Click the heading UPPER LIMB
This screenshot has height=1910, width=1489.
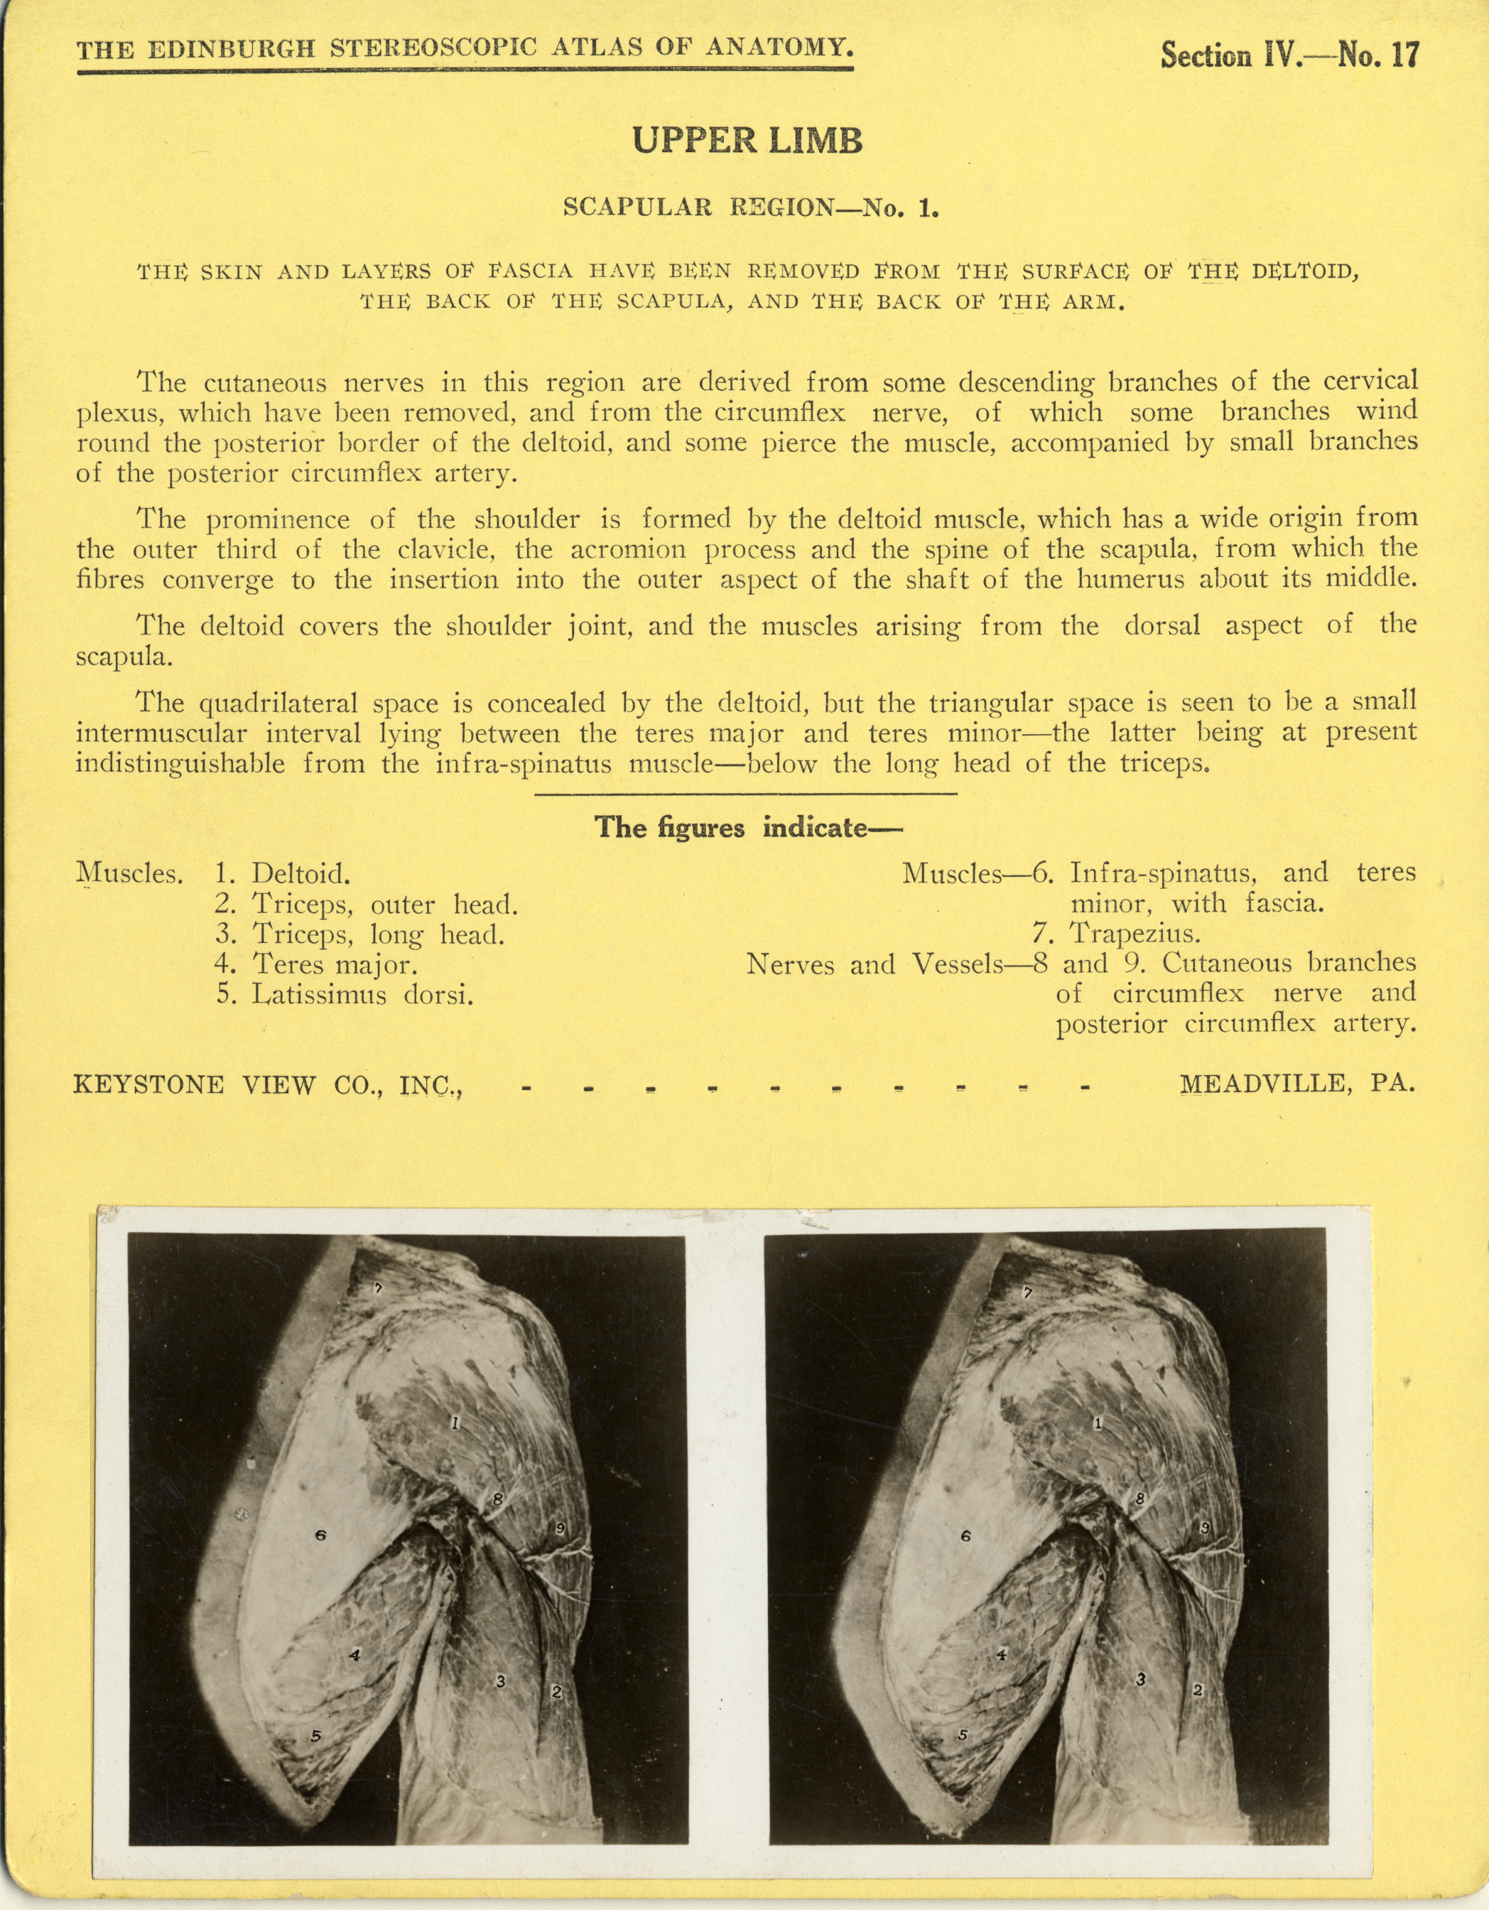[747, 141]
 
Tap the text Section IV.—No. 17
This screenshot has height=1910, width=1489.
[1289, 55]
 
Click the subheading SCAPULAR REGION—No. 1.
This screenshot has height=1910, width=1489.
[750, 208]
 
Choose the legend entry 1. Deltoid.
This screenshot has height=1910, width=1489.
[283, 873]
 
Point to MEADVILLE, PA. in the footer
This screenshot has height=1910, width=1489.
[1297, 1084]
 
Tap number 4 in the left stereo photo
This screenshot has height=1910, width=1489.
[355, 1656]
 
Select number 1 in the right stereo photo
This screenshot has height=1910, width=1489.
[1099, 1424]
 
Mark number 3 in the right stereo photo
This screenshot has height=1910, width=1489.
[1141, 1679]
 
